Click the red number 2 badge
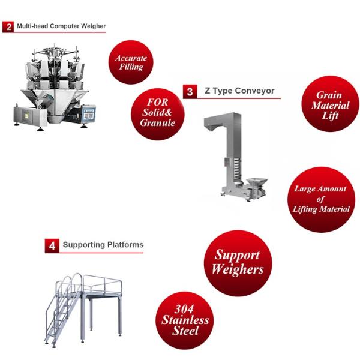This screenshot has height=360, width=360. tap(8, 27)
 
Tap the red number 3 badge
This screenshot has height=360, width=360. tap(190, 92)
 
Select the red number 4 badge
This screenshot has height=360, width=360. tap(52, 246)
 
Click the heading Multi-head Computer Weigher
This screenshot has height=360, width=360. tap(61, 26)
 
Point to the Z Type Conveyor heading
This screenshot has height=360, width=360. tap(239, 91)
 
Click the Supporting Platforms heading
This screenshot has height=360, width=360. tap(103, 245)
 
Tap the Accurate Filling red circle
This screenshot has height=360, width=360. tap(131, 62)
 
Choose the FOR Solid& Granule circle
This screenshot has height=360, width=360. tap(157, 114)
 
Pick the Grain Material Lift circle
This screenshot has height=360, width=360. tap(330, 104)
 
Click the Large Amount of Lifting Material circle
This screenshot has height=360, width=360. tap(321, 200)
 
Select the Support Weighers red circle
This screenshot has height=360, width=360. tap(238, 263)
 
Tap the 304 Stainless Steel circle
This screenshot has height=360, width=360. tap(185, 320)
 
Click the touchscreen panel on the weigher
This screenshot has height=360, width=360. tap(89, 114)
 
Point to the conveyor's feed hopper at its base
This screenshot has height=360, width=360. tap(256, 182)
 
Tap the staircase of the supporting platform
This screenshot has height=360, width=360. tap(63, 317)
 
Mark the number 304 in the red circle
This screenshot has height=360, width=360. tap(184, 309)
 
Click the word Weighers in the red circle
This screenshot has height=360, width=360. tap(238, 269)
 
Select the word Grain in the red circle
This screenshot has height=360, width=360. tap(329, 95)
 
